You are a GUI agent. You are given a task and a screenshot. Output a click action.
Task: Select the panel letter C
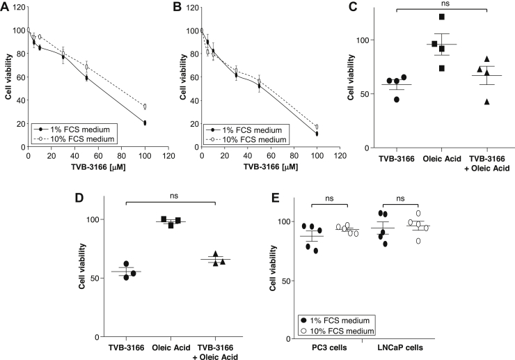[354, 8]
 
